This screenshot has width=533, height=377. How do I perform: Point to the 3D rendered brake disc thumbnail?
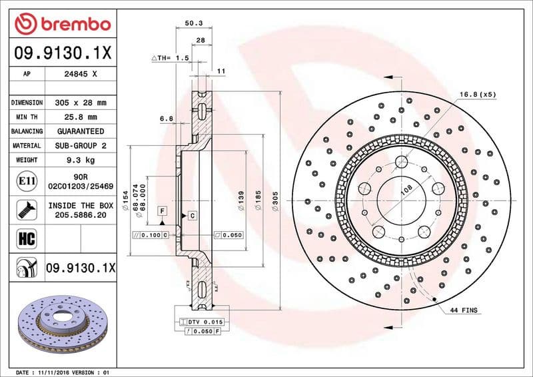[64, 322]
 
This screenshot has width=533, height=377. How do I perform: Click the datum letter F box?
[161, 211]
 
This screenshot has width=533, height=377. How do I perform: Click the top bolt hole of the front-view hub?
[401, 162]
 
